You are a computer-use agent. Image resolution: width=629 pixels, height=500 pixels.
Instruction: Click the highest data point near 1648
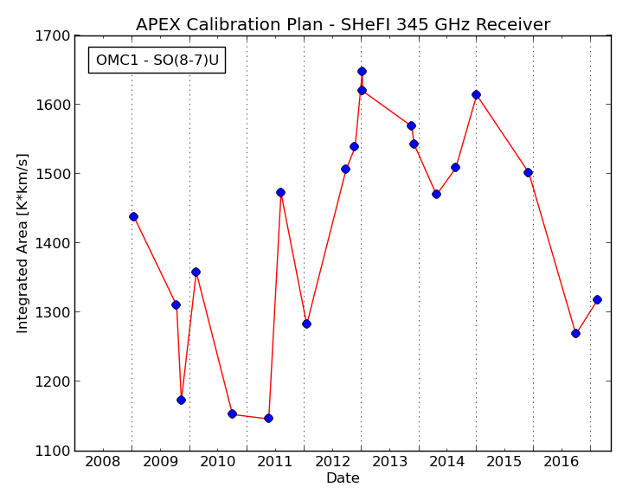[x=362, y=72]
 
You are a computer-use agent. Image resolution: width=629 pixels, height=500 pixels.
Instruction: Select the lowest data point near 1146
[x=268, y=418]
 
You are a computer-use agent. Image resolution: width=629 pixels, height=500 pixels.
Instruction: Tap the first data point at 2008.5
[x=133, y=217]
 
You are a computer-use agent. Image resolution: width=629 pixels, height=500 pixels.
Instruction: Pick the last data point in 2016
[x=597, y=299]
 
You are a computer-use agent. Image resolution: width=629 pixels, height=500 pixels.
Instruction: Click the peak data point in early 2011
[x=281, y=192]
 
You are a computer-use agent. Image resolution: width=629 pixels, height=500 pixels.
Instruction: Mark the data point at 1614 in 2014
[x=476, y=94]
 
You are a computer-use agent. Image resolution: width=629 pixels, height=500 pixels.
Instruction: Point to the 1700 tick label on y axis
[x=53, y=36]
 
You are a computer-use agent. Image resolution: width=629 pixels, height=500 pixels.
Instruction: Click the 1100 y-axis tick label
[x=53, y=451]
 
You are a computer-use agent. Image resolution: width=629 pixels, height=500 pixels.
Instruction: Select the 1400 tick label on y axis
[x=53, y=243]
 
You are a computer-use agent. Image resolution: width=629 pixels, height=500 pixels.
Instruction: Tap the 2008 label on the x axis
[x=102, y=462]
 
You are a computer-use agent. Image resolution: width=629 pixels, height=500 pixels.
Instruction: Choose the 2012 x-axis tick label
[x=332, y=462]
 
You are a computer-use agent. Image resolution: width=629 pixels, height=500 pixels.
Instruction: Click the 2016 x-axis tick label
[x=562, y=462]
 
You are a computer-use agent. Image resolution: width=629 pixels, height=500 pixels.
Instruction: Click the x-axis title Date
[x=343, y=478]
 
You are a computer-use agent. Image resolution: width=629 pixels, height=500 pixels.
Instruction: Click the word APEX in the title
[x=158, y=24]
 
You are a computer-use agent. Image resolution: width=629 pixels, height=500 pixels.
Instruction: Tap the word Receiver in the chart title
[x=513, y=24]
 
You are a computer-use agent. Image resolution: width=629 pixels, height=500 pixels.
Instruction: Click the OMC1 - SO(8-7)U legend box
[x=157, y=61]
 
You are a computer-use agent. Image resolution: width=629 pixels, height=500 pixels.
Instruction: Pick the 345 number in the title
[x=411, y=24]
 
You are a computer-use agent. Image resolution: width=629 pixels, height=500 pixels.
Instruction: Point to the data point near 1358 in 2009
[x=196, y=272]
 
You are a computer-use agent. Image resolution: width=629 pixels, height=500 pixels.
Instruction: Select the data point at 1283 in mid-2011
[x=306, y=324]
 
